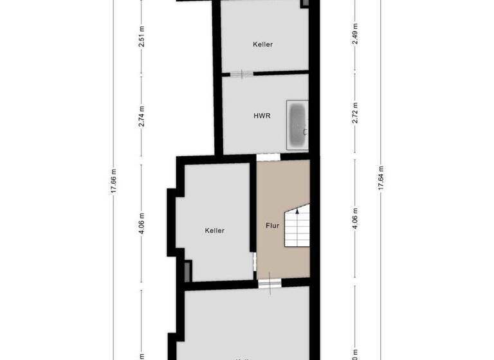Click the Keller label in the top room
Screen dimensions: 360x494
tap(262, 44)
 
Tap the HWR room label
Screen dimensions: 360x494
tap(262, 116)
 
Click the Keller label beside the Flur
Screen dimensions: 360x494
tap(215, 230)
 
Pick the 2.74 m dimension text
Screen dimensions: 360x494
tap(142, 114)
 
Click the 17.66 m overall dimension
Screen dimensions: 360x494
tap(114, 181)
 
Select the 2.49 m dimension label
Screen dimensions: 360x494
tap(354, 33)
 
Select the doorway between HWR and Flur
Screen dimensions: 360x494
tap(268, 156)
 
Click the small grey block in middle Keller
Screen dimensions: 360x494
tap(187, 271)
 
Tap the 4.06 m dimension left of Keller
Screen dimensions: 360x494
tap(142, 226)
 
